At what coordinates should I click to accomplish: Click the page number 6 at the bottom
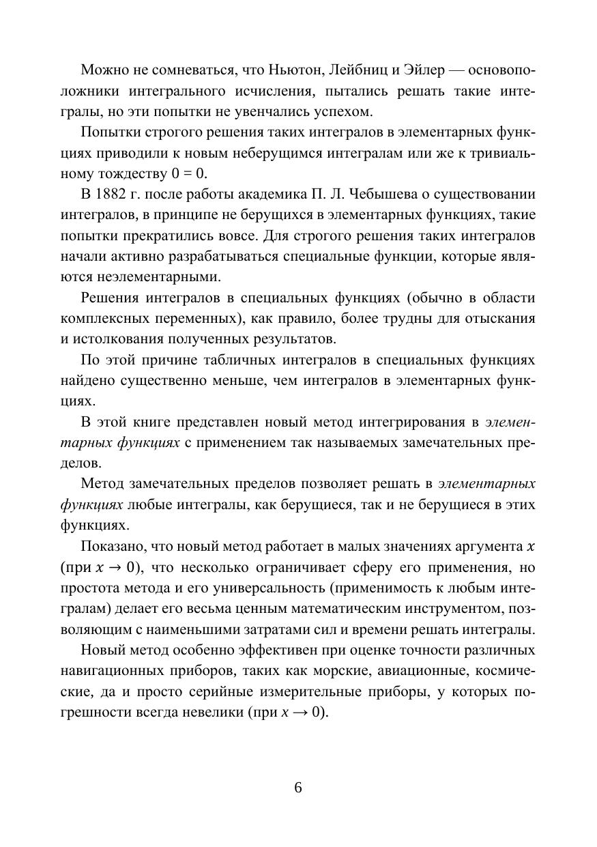(298, 787)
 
